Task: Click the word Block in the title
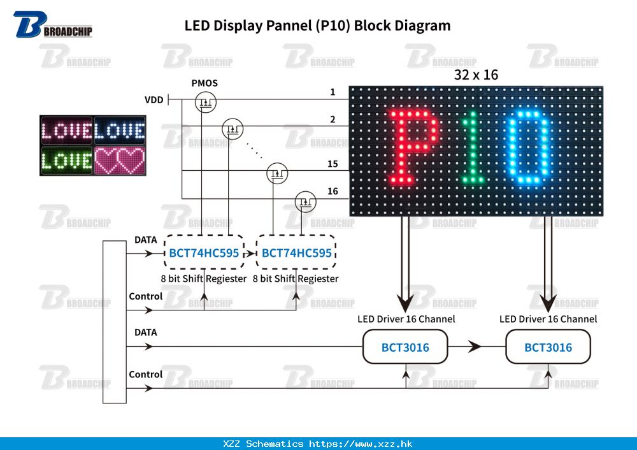pyautogui.click(x=370, y=25)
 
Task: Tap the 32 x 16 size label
pyautogui.click(x=476, y=75)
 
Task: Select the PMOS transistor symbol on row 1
pyautogui.click(x=205, y=100)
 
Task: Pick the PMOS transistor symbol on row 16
pyautogui.click(x=305, y=202)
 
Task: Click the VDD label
pyautogui.click(x=154, y=100)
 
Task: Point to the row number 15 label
pyautogui.click(x=333, y=164)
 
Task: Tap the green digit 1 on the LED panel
pyautogui.click(x=472, y=146)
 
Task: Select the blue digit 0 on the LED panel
pyautogui.click(x=528, y=146)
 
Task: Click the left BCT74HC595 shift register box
pyautogui.click(x=204, y=253)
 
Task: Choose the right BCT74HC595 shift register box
pyautogui.click(x=296, y=253)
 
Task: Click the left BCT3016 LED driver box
pyautogui.click(x=405, y=347)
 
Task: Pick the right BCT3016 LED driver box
pyautogui.click(x=548, y=347)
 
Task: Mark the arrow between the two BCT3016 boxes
pyautogui.click(x=475, y=347)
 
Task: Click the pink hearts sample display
pyautogui.click(x=120, y=160)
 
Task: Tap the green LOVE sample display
pyautogui.click(x=67, y=160)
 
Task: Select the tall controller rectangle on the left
pyautogui.click(x=115, y=322)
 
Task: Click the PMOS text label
pyautogui.click(x=204, y=83)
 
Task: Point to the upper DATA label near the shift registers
pyautogui.click(x=145, y=240)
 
